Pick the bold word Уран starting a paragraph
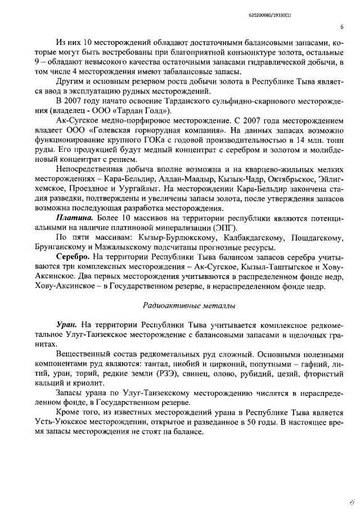(x=68, y=326)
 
